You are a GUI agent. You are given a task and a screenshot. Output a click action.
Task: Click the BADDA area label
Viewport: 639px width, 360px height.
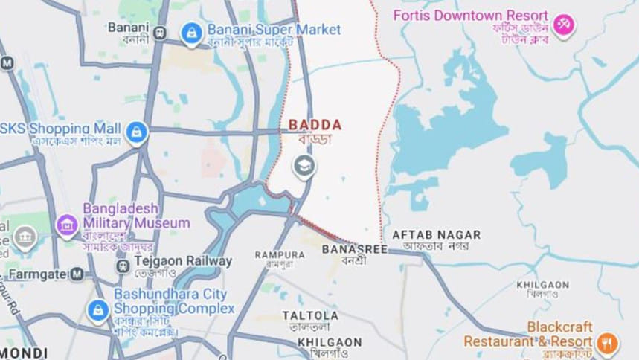pyautogui.click(x=314, y=125)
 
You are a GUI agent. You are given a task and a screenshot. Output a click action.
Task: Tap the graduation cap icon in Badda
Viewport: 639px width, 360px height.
pyautogui.click(x=304, y=167)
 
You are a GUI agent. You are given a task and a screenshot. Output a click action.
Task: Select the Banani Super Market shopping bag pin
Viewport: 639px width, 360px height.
pyautogui.click(x=192, y=33)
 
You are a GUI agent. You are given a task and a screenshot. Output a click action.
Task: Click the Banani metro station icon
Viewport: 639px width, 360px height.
pyautogui.click(x=159, y=32)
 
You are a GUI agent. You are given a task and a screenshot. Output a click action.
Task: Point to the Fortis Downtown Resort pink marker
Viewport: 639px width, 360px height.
pyautogui.click(x=563, y=25)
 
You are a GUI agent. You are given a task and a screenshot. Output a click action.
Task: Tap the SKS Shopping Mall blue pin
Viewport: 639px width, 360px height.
pyautogui.click(x=136, y=133)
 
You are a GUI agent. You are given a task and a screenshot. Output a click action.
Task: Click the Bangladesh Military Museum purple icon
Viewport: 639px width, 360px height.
pyautogui.click(x=67, y=223)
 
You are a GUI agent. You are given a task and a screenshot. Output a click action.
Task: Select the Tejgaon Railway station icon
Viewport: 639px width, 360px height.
pyautogui.click(x=123, y=265)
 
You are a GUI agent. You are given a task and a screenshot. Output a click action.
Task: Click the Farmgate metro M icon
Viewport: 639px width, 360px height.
pyautogui.click(x=77, y=274)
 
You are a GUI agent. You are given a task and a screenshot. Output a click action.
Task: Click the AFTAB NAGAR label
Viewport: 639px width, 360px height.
pyautogui.click(x=436, y=234)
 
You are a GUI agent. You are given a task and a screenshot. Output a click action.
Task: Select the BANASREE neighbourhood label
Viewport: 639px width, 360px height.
pyautogui.click(x=355, y=250)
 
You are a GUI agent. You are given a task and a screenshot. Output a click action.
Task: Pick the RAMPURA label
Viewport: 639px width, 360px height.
pyautogui.click(x=280, y=254)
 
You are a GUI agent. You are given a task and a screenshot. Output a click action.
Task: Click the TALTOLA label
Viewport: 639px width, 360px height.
pyautogui.click(x=309, y=315)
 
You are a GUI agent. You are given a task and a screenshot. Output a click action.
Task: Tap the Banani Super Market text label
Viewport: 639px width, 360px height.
pyautogui.click(x=274, y=30)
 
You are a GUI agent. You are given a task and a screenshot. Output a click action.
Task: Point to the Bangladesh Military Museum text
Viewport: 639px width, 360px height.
pyautogui.click(x=136, y=215)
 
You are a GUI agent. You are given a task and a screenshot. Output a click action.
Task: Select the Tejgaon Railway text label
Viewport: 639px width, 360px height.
pyautogui.click(x=183, y=261)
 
